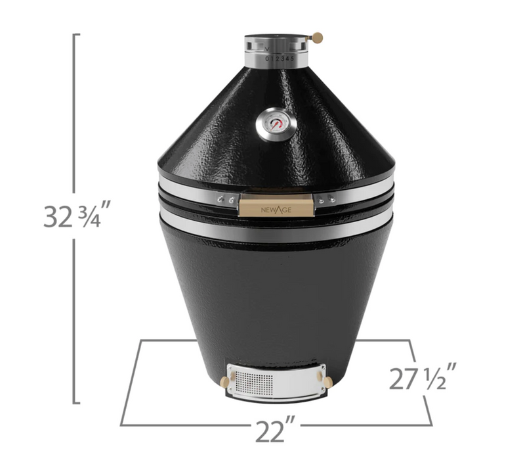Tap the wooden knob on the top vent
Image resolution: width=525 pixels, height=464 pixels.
pos(318,37)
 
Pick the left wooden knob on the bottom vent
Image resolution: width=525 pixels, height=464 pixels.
pos(226,381)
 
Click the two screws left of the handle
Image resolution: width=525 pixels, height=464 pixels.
pos(226,200)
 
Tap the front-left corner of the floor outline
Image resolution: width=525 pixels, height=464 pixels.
pos(121,425)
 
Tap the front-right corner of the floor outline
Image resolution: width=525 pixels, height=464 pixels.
pos(431,425)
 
